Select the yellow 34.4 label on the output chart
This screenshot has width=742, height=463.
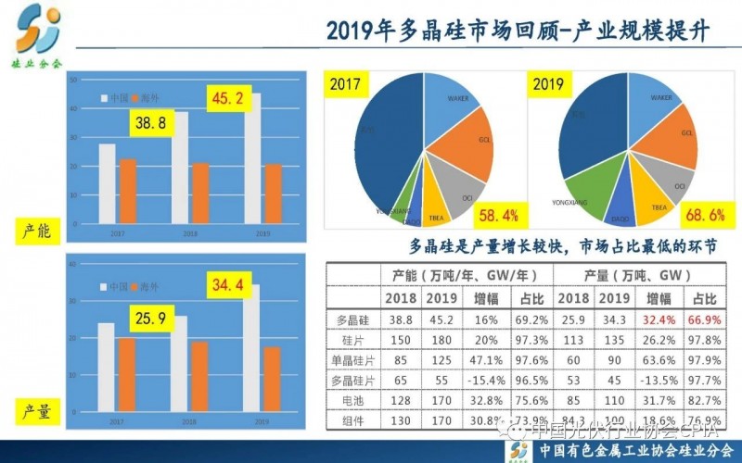(x=227, y=285)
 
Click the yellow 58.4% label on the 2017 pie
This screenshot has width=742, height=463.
(x=498, y=217)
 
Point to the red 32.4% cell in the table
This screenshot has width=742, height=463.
(x=659, y=319)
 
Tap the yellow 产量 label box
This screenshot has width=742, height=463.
(x=37, y=409)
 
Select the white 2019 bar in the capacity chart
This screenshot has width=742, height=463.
(x=253, y=163)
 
